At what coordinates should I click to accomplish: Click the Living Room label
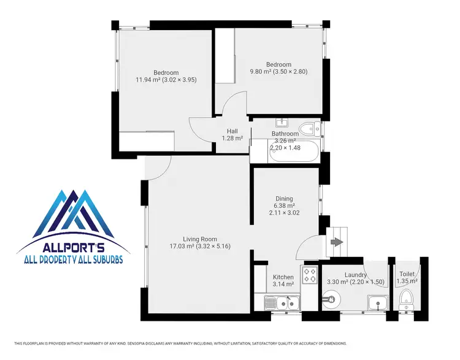pos(200,239)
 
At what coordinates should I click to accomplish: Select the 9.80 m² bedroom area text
pos(278,72)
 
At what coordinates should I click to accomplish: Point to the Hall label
pos(232,131)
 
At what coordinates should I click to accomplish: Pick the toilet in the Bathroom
pos(312,128)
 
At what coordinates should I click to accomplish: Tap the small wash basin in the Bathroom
pos(283,122)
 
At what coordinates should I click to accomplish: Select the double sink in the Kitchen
pos(282,302)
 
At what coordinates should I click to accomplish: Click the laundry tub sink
pos(377,301)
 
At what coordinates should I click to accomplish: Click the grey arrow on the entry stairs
pos(337,242)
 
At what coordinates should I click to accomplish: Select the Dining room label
pos(283,198)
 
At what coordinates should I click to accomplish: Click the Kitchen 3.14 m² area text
pos(283,285)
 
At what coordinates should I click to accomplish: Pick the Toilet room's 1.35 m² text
pos(407,281)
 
